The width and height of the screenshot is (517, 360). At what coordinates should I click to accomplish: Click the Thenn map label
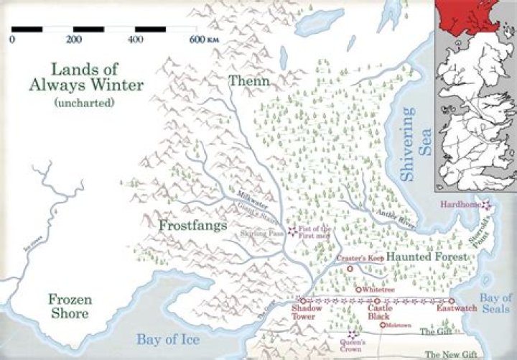[249, 81]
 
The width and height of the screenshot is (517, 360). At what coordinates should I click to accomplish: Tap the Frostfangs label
[193, 226]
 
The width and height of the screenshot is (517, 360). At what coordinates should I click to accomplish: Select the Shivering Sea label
[408, 144]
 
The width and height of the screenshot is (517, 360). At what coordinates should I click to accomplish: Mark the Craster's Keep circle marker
[350, 269]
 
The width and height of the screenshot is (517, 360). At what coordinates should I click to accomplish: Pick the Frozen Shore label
[69, 307]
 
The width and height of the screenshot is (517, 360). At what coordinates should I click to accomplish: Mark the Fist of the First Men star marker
[292, 231]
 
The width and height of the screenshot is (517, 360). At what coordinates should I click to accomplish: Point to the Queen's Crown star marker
[350, 334]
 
